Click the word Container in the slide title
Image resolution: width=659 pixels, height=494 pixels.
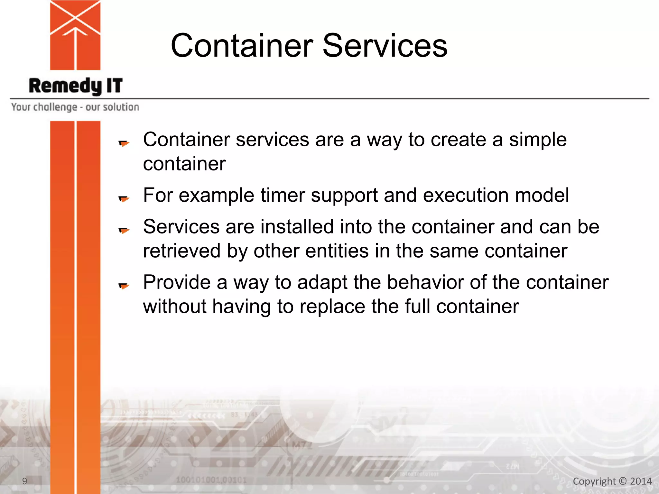point(242,46)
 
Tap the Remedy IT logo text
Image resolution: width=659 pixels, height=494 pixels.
point(76,86)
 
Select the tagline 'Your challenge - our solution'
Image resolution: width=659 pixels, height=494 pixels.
point(75,107)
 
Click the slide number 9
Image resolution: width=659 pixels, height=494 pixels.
point(24,481)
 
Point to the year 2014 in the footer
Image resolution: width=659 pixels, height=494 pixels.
point(641,481)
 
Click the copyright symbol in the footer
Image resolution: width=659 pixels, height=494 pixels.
point(623,481)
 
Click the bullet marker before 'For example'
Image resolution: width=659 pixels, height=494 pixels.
point(124,199)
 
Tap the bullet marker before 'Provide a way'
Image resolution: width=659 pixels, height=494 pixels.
point(124,286)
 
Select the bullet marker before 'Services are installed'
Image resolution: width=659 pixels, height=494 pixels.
point(124,230)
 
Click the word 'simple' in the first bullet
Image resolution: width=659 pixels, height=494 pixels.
point(538,140)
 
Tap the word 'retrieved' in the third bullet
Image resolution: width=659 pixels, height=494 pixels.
point(182,251)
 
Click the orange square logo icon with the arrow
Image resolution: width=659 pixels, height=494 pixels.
point(75,35)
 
